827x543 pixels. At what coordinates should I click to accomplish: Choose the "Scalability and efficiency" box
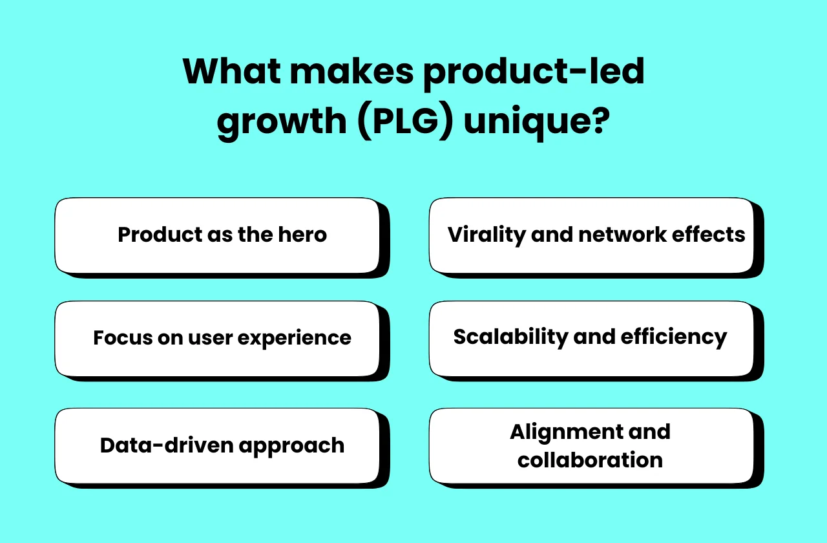(591, 338)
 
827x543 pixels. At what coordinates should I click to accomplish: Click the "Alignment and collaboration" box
(591, 446)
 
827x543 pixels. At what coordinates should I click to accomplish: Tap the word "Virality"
(487, 234)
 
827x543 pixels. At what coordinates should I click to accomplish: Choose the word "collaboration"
(590, 460)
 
